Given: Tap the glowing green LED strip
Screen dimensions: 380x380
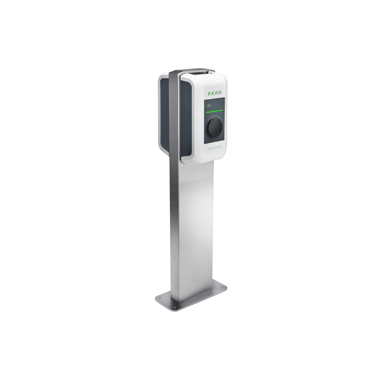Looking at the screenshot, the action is (214, 111).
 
